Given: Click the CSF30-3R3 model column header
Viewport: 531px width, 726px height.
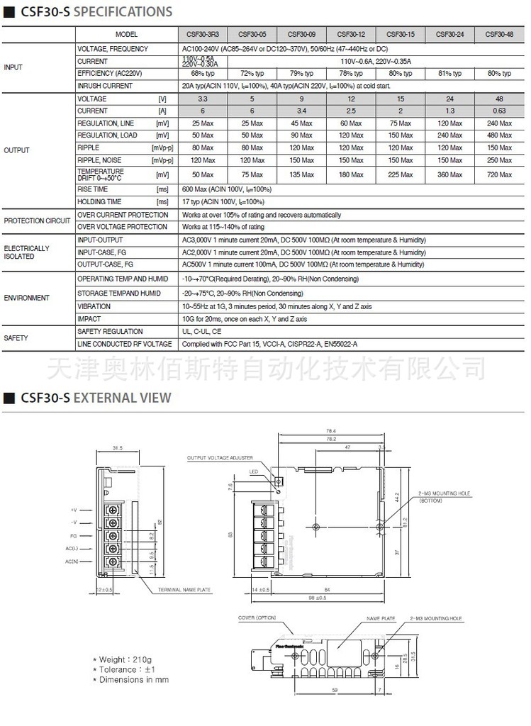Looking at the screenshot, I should [x=203, y=34].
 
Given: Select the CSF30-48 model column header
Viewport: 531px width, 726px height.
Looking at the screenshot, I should [x=500, y=34].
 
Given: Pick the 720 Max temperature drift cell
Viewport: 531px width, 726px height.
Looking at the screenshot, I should [x=500, y=174].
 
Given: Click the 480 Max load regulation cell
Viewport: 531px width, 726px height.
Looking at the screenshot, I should [x=500, y=135].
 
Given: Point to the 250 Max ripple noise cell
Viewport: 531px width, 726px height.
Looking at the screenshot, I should [x=500, y=160].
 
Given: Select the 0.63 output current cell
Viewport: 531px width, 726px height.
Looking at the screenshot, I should [x=500, y=111].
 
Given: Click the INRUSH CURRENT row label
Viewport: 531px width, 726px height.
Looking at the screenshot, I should [x=105, y=86].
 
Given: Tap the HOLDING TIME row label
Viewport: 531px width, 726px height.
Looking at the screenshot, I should [x=99, y=202].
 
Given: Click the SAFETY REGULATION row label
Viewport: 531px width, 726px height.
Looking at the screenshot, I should [x=110, y=332].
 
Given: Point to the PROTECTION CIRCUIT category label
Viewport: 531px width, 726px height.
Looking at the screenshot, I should [x=38, y=220].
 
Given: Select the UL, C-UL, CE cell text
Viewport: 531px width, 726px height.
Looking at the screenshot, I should [x=201, y=332].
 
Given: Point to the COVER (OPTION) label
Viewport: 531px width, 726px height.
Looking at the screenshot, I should [x=257, y=618].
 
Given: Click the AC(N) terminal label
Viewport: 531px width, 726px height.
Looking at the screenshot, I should [x=72, y=561].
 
